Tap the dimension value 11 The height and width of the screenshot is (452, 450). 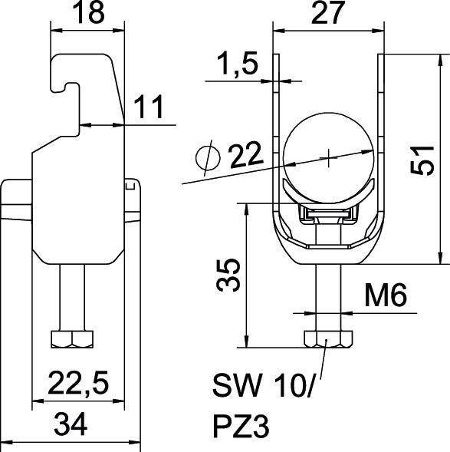coord(152,108)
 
